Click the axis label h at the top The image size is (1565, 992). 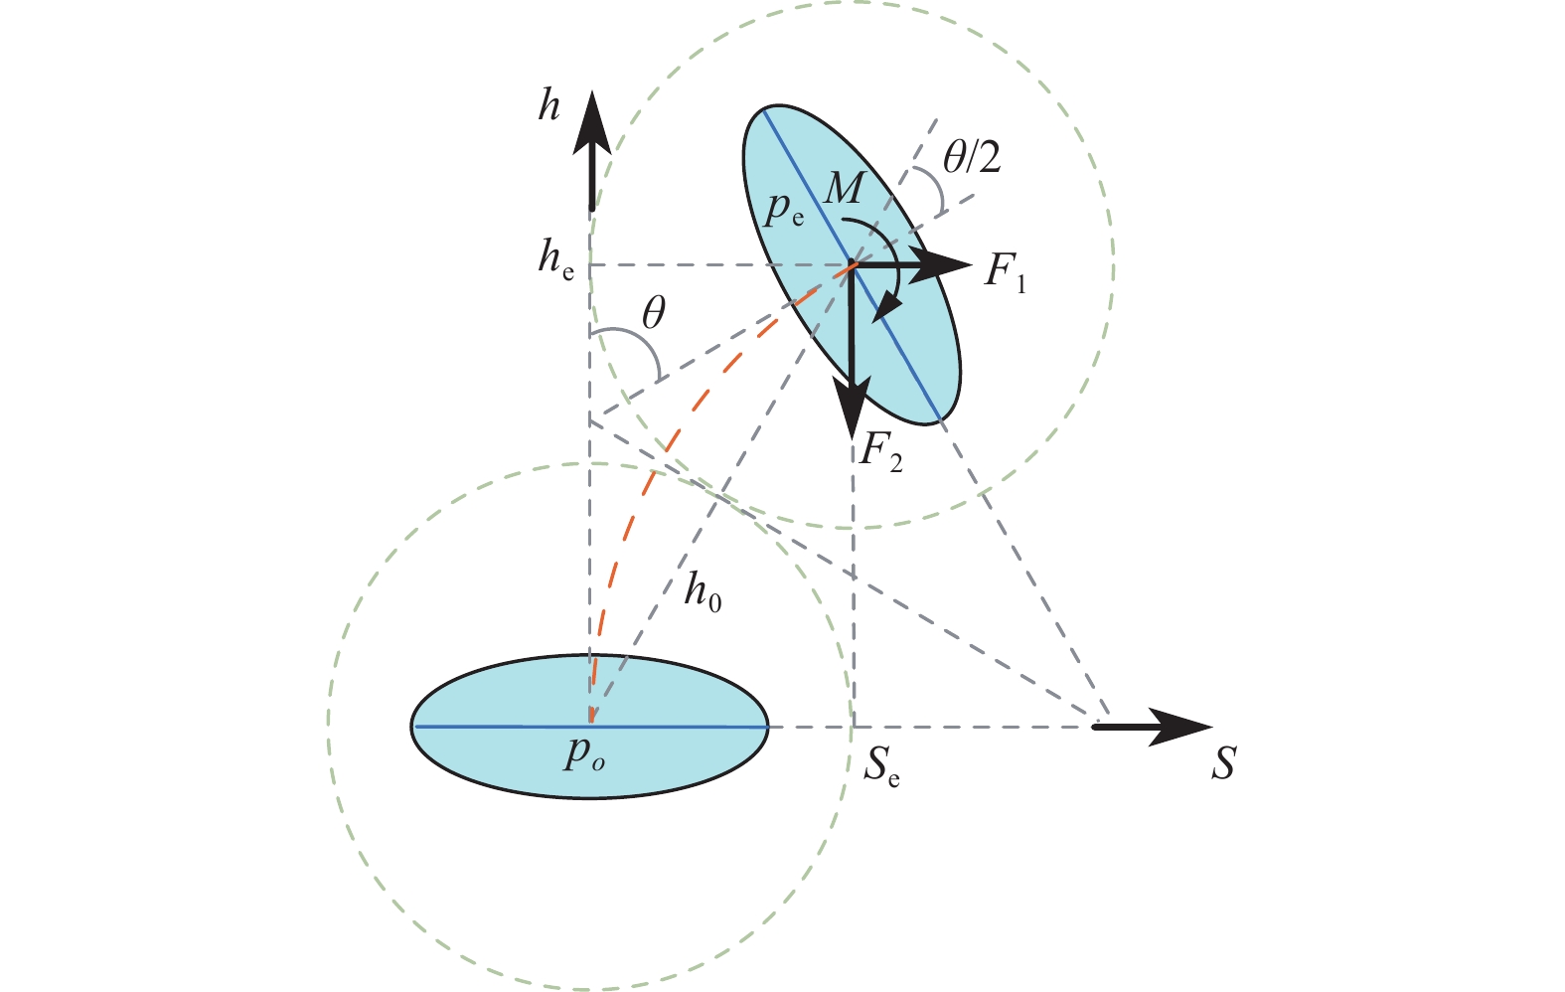tap(548, 107)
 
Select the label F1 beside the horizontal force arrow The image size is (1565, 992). tap(1005, 272)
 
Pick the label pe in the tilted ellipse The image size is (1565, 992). tap(783, 209)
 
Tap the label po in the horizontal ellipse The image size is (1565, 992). tap(584, 753)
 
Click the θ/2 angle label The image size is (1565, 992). tap(972, 157)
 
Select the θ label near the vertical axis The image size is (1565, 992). tap(653, 312)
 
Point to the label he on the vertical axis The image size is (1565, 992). tap(556, 260)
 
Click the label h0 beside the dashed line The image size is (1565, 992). tap(703, 593)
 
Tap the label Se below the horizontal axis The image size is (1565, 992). tap(881, 767)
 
